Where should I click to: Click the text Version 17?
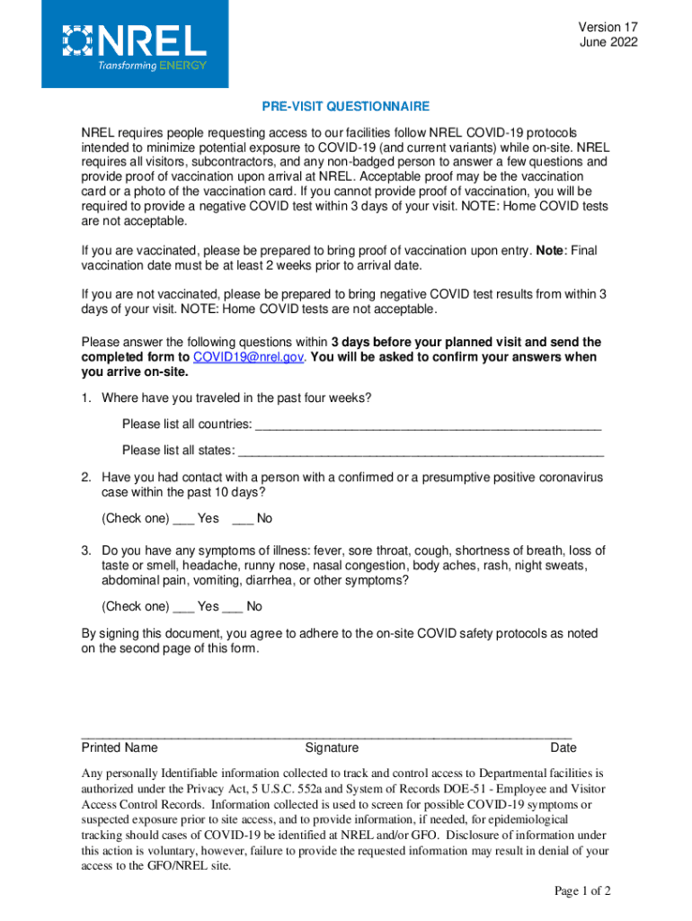608,27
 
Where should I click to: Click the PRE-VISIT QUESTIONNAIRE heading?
345,106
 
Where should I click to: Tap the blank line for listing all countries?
428,425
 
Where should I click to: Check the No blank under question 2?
242,518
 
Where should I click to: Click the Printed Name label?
120,747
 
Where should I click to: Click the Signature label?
332,747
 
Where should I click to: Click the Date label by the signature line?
563,747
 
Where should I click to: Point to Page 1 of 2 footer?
582,891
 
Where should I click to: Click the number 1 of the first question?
85,398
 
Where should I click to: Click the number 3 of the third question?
85,550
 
